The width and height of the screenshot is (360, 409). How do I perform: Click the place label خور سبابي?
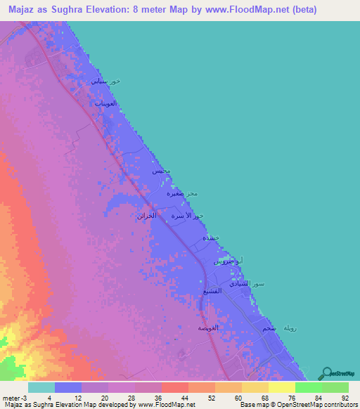tap(105, 82)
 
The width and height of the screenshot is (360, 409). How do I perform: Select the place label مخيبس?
tap(161, 171)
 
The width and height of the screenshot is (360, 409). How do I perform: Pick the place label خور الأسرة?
tap(188, 216)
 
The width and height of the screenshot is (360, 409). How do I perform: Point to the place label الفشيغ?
tap(212, 290)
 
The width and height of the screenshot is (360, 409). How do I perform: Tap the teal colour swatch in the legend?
tap(41, 388)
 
